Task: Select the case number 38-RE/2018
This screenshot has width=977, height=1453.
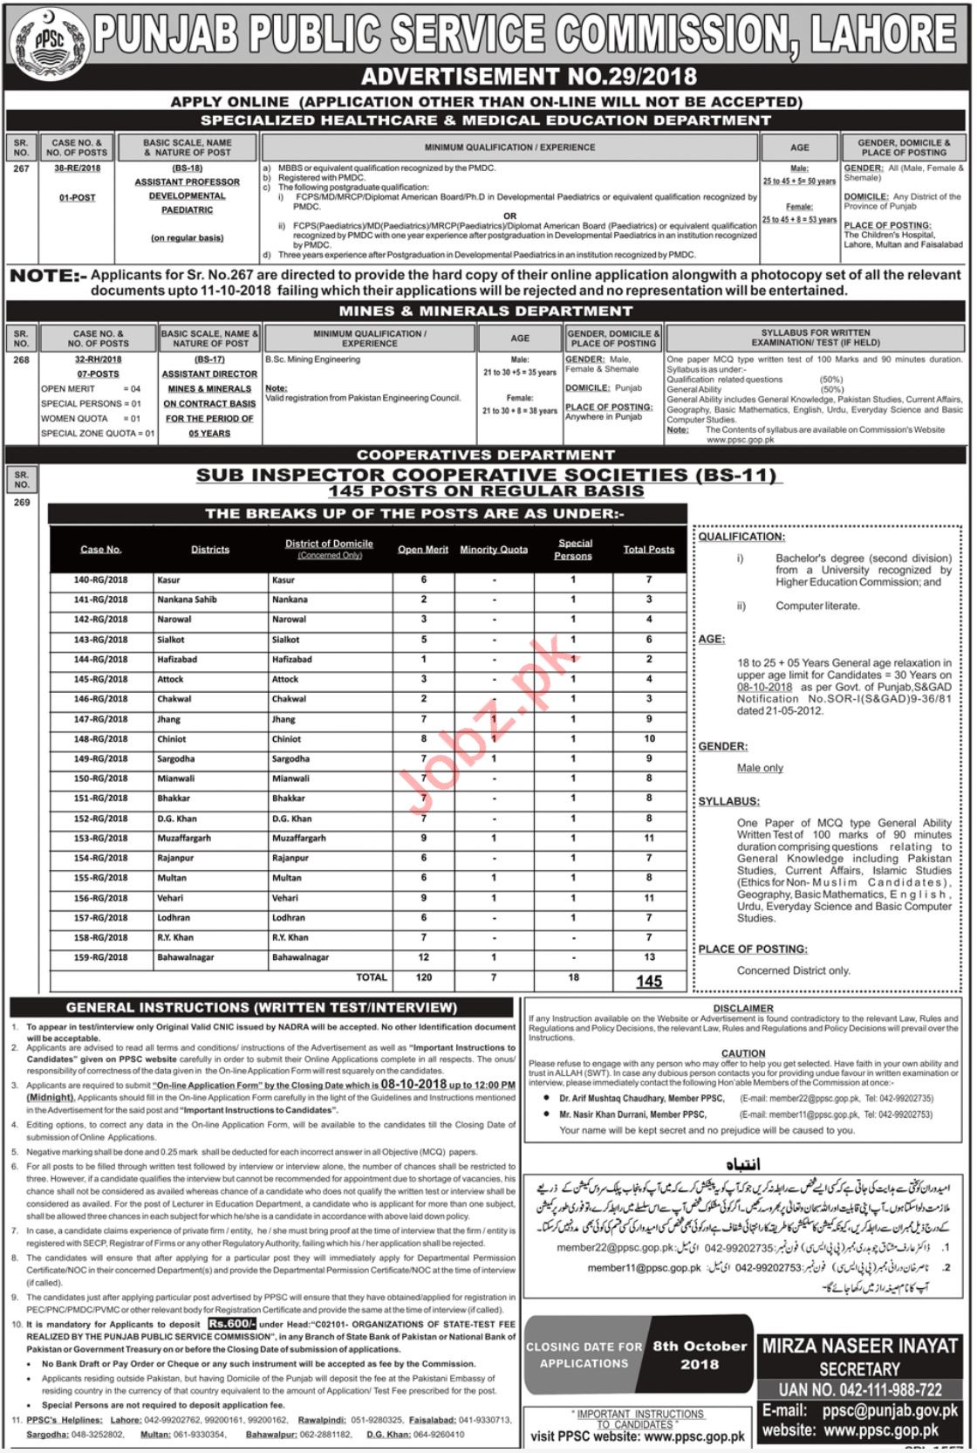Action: pos(77,168)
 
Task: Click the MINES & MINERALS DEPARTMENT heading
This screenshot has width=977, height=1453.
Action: pos(486,311)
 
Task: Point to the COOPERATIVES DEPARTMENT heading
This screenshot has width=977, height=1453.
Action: pos(486,455)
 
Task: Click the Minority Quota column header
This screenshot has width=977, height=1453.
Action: pos(494,550)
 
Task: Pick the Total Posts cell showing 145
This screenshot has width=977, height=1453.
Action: pos(648,981)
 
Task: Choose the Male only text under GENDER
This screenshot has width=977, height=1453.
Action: pos(760,768)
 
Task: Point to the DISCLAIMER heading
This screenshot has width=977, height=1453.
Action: pos(743,1008)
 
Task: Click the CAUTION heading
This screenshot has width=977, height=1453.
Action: pos(743,1053)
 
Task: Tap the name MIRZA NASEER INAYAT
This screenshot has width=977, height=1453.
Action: pos(859,1347)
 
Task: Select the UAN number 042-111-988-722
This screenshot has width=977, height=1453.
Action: pos(860,1389)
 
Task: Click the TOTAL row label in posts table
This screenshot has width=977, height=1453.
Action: pos(371,978)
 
